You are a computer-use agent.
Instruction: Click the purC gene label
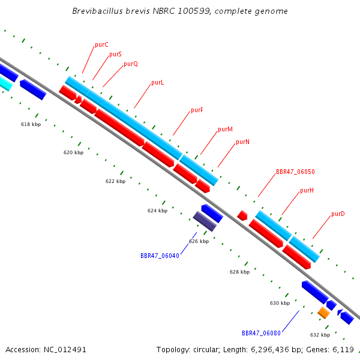[101, 44]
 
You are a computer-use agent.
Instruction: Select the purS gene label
[115, 54]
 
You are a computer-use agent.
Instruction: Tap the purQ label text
[131, 64]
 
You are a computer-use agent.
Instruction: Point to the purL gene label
[157, 82]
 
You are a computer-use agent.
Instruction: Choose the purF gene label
[197, 110]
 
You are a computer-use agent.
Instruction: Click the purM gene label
[225, 129]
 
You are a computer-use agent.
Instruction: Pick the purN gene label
[242, 142]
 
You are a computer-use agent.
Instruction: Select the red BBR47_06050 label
[295, 172]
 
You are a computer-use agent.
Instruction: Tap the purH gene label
[307, 191]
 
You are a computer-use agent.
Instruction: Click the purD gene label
[338, 214]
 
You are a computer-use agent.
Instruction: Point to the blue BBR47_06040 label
[160, 256]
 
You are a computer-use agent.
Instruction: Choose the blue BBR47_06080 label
[261, 333]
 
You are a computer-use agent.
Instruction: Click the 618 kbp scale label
[31, 124]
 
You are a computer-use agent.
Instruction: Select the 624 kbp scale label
[157, 211]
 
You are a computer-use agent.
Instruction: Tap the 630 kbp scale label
[280, 303]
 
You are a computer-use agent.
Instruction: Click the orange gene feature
[324, 313]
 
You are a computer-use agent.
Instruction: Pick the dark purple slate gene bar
[205, 221]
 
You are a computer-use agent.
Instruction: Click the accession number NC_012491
[65, 350]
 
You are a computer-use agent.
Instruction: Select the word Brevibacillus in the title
[98, 11]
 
